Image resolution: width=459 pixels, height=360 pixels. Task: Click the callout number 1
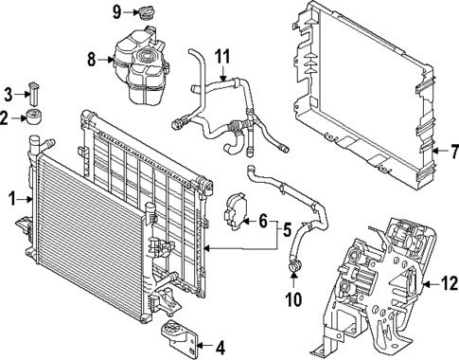12,200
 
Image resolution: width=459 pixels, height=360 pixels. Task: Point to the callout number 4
220,345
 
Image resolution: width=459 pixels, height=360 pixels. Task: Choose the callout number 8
92,59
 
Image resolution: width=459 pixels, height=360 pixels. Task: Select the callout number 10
293,300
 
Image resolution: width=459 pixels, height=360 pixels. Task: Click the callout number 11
221,56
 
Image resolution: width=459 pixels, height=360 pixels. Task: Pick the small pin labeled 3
35,94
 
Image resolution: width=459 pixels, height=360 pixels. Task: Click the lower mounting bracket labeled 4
181,336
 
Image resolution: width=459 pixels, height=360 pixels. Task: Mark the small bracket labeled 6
233,214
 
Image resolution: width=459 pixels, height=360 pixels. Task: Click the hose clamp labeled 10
295,275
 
